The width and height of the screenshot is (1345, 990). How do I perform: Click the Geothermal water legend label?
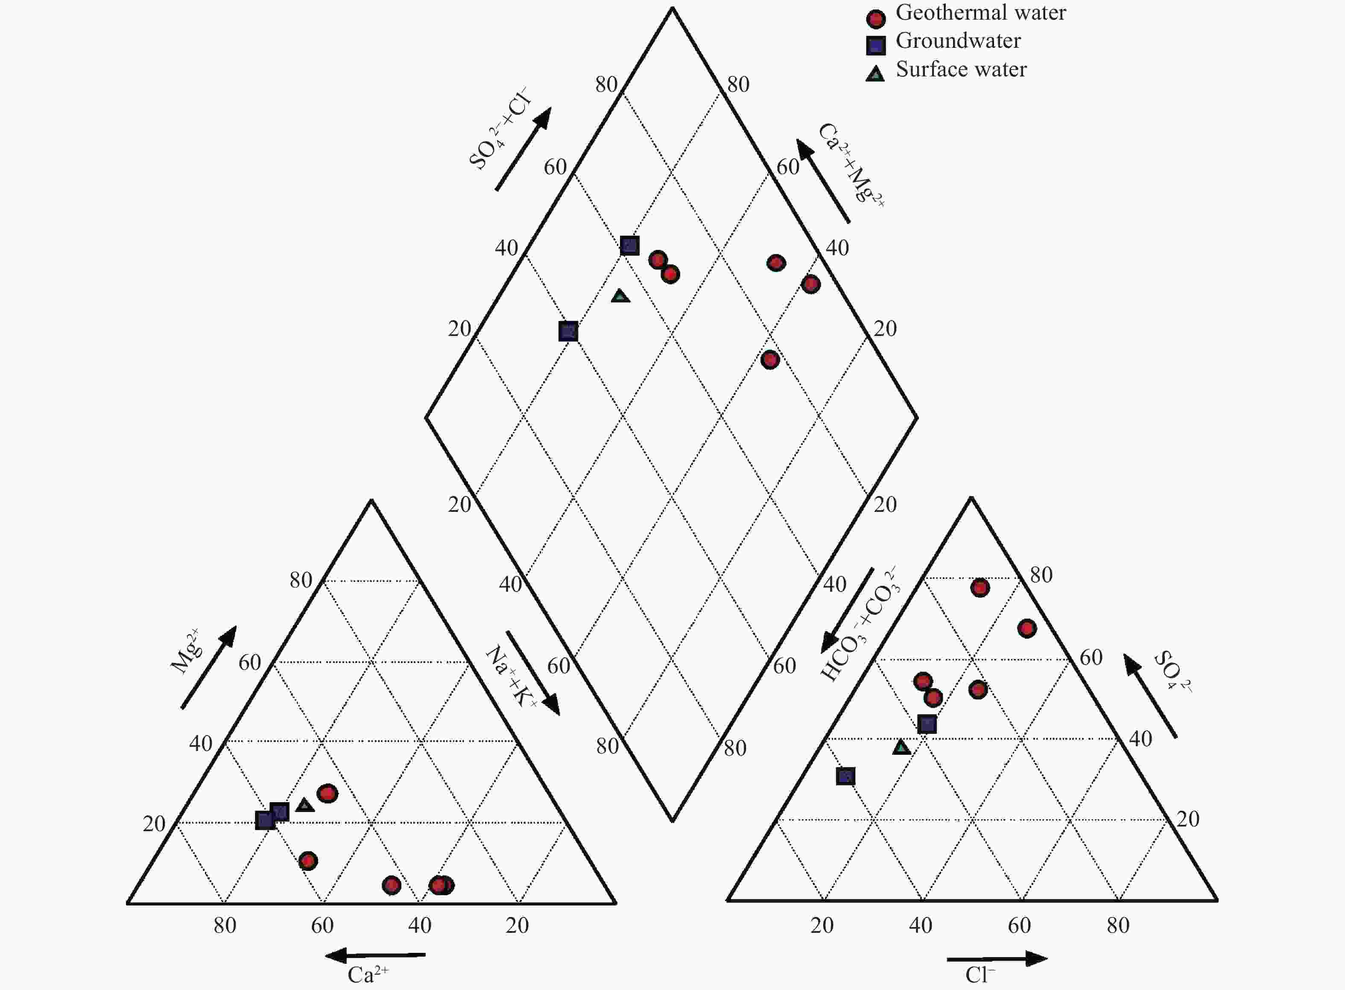pyautogui.click(x=981, y=12)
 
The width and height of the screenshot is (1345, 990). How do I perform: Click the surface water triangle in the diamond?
pyautogui.click(x=620, y=295)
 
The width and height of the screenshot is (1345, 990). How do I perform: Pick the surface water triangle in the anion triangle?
pyautogui.click(x=901, y=747)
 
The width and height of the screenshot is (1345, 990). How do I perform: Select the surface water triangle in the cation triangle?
pyautogui.click(x=305, y=805)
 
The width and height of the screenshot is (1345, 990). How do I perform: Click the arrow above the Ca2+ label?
pyautogui.click(x=375, y=955)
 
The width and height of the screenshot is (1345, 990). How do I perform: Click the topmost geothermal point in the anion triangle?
pyautogui.click(x=980, y=588)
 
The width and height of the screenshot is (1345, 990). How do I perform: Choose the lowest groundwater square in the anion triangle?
pyautogui.click(x=846, y=777)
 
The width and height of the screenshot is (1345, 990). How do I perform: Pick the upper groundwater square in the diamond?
pyautogui.click(x=629, y=245)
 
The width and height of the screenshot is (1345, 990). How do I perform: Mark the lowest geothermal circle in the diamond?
pyautogui.click(x=770, y=359)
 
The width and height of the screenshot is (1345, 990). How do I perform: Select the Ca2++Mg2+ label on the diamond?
pyautogui.click(x=851, y=165)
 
